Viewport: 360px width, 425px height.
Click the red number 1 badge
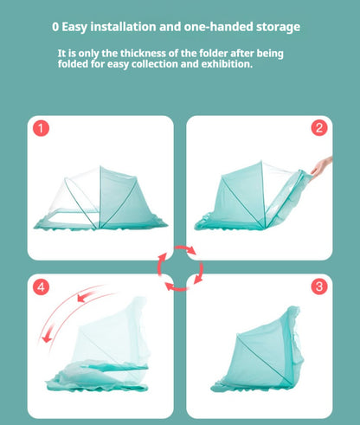click(x=41, y=128)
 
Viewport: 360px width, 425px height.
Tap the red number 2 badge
click(x=319, y=128)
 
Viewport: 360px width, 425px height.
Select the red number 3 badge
click(x=319, y=287)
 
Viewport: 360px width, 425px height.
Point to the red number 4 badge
click(x=41, y=287)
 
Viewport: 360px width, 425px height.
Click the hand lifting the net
click(x=321, y=167)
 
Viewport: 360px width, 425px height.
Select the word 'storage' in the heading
click(x=278, y=28)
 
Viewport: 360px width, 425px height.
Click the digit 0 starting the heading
click(x=55, y=27)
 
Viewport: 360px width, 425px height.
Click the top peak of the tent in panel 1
click(x=100, y=166)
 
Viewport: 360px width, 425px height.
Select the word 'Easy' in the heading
click(x=74, y=28)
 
